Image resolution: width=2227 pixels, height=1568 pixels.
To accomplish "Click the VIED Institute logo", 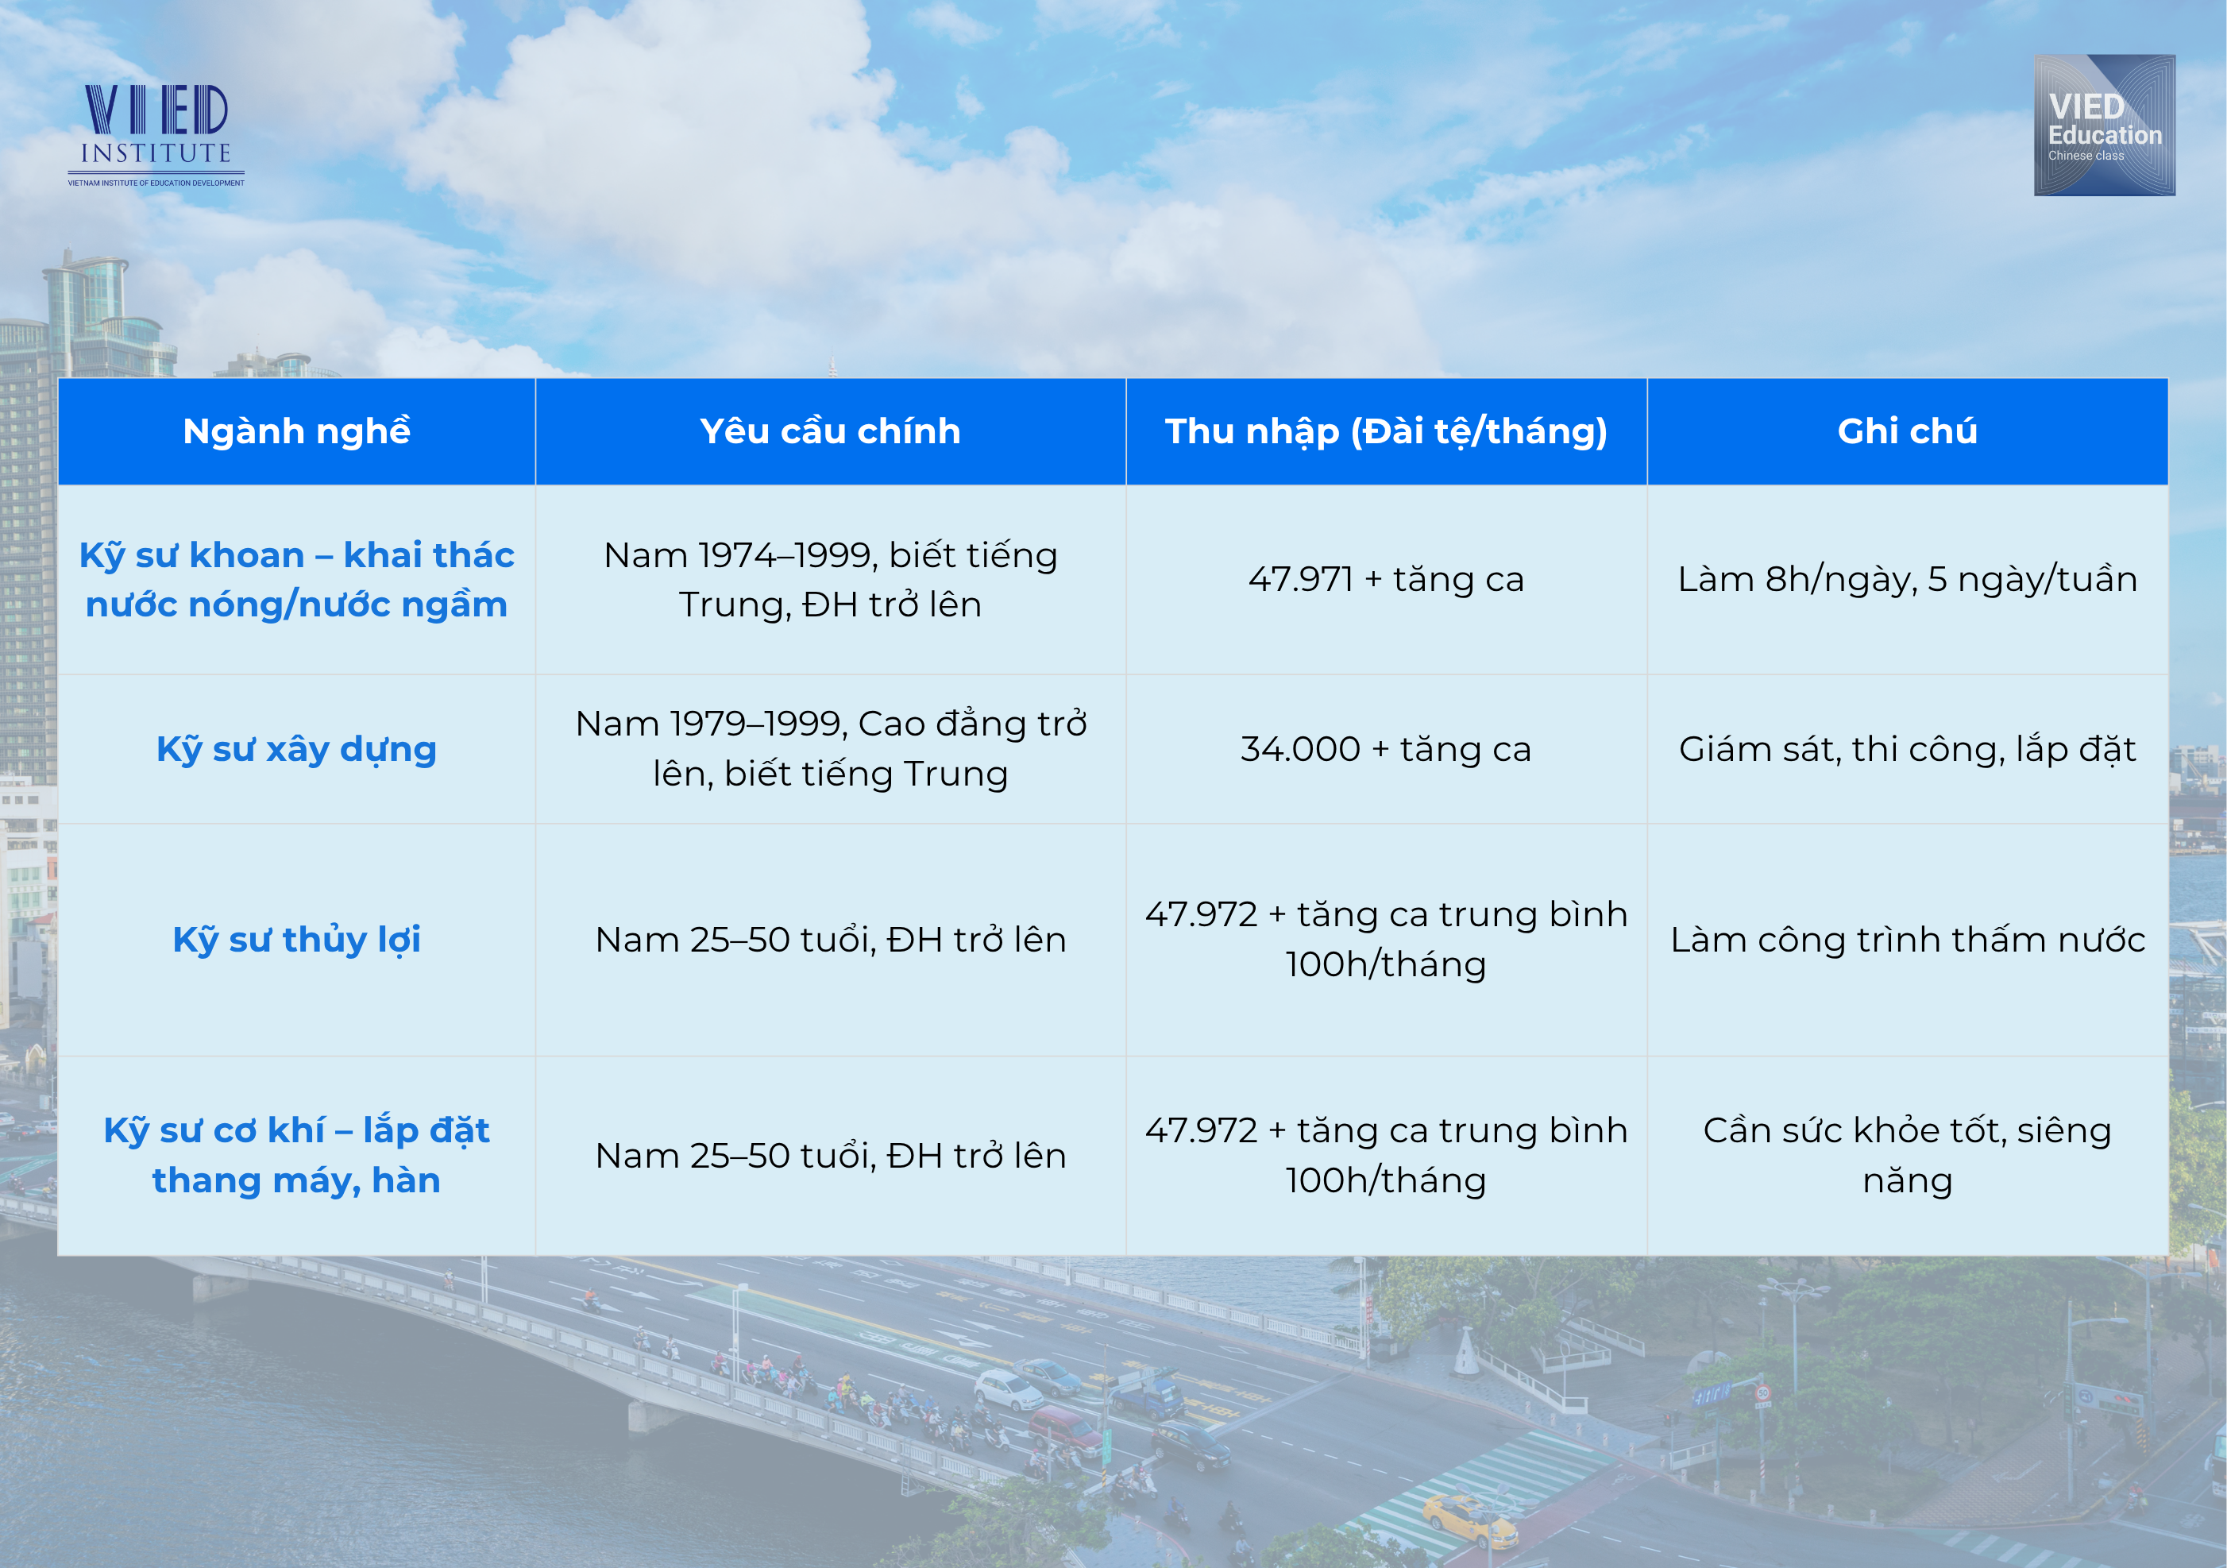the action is pyautogui.click(x=156, y=135).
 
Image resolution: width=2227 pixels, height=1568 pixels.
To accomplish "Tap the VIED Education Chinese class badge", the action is pyautogui.click(x=2104, y=126).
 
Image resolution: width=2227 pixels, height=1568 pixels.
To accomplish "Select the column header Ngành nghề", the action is pyautogui.click(x=297, y=431).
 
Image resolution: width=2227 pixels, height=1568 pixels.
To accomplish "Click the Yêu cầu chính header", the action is pyautogui.click(x=830, y=431).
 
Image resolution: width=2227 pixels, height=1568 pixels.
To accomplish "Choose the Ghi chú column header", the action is pyautogui.click(x=1907, y=431).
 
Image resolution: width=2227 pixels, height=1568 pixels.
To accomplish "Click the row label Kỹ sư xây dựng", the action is pyautogui.click(x=297, y=750).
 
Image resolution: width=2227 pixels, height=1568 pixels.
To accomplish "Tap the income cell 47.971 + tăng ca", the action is pyautogui.click(x=1386, y=579).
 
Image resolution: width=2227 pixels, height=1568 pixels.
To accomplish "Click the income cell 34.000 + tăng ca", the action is pyautogui.click(x=1386, y=750).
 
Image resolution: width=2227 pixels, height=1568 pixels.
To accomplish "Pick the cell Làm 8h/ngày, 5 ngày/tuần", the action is pyautogui.click(x=1907, y=580).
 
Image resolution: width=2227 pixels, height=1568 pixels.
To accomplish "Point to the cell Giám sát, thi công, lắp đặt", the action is pyautogui.click(x=1907, y=750).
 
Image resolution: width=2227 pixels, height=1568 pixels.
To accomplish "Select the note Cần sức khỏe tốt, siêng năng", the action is pyautogui.click(x=1907, y=1156).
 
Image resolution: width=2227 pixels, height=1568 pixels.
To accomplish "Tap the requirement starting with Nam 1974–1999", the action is pyautogui.click(x=830, y=579).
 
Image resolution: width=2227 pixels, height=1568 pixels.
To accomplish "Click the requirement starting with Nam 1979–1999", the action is pyautogui.click(x=830, y=748).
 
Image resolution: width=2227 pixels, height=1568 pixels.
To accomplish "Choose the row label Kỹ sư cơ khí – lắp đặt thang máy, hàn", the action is pyautogui.click(x=297, y=1156).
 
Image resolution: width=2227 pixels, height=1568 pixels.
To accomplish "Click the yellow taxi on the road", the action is pyautogui.click(x=1470, y=1520).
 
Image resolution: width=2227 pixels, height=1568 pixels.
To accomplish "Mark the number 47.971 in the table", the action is pyautogui.click(x=1299, y=579).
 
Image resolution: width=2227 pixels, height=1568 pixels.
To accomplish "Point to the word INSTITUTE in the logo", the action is pyautogui.click(x=156, y=153).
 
